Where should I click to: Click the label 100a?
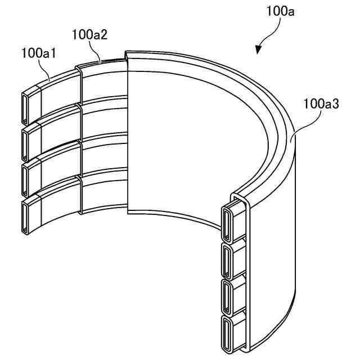pos(280,11)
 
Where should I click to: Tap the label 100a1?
pos(39,53)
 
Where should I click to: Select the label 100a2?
pos(90,35)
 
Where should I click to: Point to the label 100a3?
pos(321,103)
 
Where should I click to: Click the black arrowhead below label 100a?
pos(259,49)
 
